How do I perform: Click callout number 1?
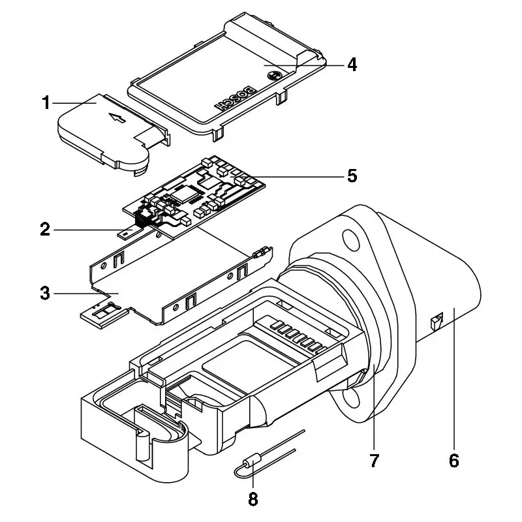pos(46,102)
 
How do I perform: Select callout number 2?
pos(45,230)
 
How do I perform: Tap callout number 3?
pos(45,293)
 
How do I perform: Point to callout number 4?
pos(352,64)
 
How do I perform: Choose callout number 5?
pos(352,176)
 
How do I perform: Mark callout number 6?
pos(454,461)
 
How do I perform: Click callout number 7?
pos(375,461)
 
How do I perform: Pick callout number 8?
pos(253,499)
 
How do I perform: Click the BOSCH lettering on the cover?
pos(236,99)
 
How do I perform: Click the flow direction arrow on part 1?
pos(117,117)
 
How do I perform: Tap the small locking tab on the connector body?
pos(437,320)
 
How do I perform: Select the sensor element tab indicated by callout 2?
pos(128,232)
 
